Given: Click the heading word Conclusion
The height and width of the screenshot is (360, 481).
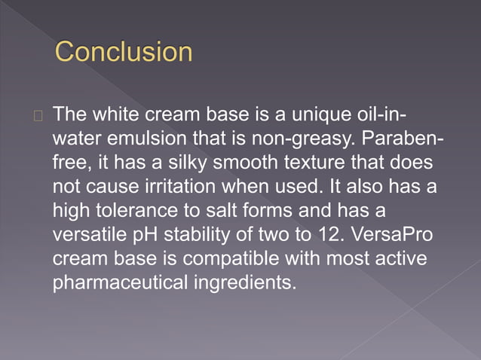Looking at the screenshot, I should (124, 52).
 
